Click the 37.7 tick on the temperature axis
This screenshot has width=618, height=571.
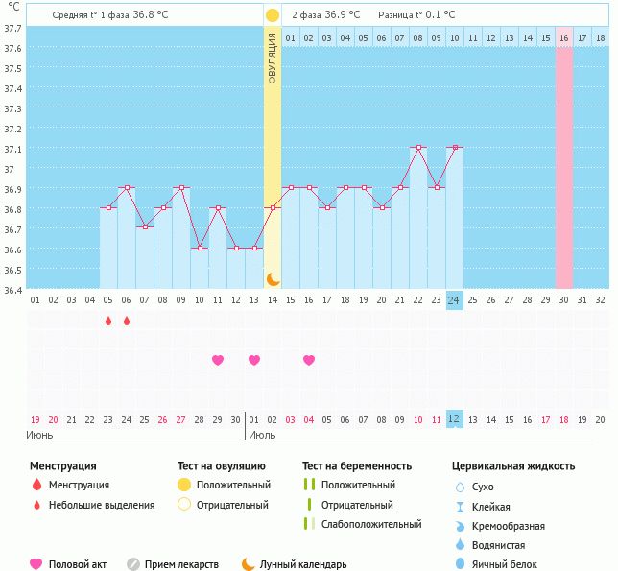[12, 28]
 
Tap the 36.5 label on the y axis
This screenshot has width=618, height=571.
[12, 270]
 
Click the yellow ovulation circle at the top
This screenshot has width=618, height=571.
[273, 15]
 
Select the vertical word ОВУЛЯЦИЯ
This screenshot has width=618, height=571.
[273, 58]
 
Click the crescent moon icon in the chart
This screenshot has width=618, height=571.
[273, 278]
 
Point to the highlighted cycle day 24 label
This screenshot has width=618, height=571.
[454, 300]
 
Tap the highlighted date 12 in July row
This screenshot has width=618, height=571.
[454, 419]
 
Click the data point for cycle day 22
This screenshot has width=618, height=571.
[417, 148]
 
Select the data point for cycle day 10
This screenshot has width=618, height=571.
[200, 248]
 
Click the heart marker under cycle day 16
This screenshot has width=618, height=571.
[309, 361]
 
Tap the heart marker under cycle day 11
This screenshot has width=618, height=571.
[218, 361]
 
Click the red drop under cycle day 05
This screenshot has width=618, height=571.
[108, 321]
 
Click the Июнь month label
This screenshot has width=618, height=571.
[40, 435]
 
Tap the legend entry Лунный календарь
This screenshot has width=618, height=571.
[302, 565]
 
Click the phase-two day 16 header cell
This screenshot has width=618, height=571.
[563, 37]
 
